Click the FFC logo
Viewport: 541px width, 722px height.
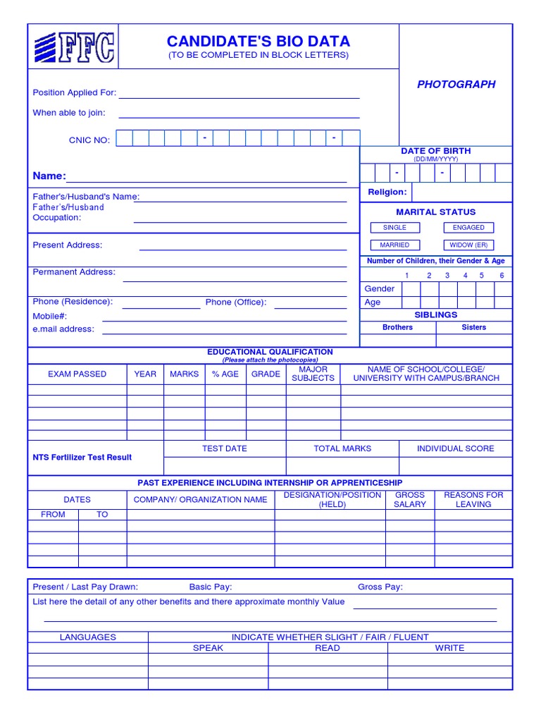point(73,47)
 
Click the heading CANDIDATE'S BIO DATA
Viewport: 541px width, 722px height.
point(258,42)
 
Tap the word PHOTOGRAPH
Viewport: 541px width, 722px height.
point(456,84)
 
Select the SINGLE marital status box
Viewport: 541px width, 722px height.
point(394,228)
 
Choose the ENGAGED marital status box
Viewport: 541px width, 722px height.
point(468,228)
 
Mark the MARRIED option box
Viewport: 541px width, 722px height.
point(394,245)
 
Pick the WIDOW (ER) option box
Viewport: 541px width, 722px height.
point(468,245)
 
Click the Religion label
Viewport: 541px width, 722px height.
point(387,192)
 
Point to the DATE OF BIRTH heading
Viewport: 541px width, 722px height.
point(435,151)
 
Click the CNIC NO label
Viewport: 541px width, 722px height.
point(89,140)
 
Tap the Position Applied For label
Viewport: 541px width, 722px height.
point(75,92)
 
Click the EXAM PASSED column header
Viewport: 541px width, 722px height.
point(77,374)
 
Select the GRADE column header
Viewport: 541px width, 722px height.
point(266,374)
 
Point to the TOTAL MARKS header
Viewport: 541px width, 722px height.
point(342,448)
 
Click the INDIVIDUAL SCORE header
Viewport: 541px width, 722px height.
point(455,448)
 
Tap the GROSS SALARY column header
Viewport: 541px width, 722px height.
point(410,500)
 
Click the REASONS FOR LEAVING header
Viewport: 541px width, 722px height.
point(473,500)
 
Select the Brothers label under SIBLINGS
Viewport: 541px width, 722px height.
point(397,327)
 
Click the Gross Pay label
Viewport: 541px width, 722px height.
point(380,587)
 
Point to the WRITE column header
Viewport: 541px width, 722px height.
point(449,647)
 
